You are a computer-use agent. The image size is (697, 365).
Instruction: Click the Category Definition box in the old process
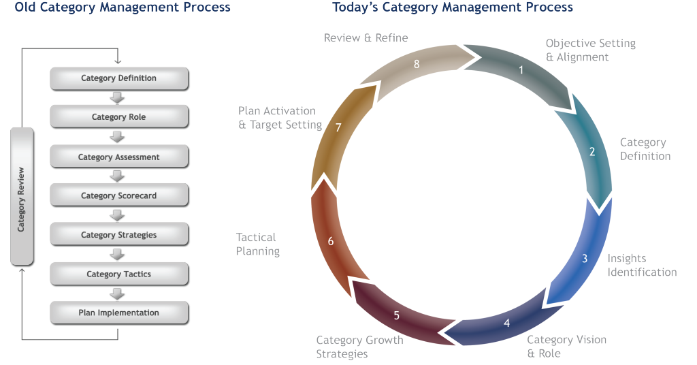coord(119,78)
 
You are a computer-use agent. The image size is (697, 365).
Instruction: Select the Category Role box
coord(119,117)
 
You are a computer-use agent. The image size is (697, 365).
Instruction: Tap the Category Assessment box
coord(119,157)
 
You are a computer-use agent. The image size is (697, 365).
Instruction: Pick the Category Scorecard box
coord(119,195)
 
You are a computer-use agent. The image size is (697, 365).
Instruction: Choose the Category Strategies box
coord(119,235)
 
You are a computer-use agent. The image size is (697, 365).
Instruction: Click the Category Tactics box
coord(119,274)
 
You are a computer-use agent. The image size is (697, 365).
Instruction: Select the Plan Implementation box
coord(119,313)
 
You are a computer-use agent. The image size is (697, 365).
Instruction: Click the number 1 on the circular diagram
coord(521,69)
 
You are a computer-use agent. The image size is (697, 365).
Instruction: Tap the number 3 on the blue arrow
coord(584,259)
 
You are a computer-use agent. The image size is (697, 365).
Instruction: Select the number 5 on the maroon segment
coord(397,315)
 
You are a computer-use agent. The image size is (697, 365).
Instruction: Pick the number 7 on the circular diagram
coord(338,127)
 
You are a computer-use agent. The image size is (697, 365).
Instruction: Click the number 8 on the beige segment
coord(417,64)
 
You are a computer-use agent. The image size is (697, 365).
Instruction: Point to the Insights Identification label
coord(642,266)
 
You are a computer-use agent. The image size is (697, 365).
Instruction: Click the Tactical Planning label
coord(258,244)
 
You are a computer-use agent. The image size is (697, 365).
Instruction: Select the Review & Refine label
coord(366,37)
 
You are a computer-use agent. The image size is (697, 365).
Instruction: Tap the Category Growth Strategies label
coord(359,347)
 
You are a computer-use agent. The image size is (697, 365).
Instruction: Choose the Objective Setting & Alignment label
coord(590,50)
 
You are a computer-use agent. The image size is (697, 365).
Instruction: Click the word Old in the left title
coord(27,7)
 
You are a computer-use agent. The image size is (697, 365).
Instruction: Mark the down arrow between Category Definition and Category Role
coord(118,98)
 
